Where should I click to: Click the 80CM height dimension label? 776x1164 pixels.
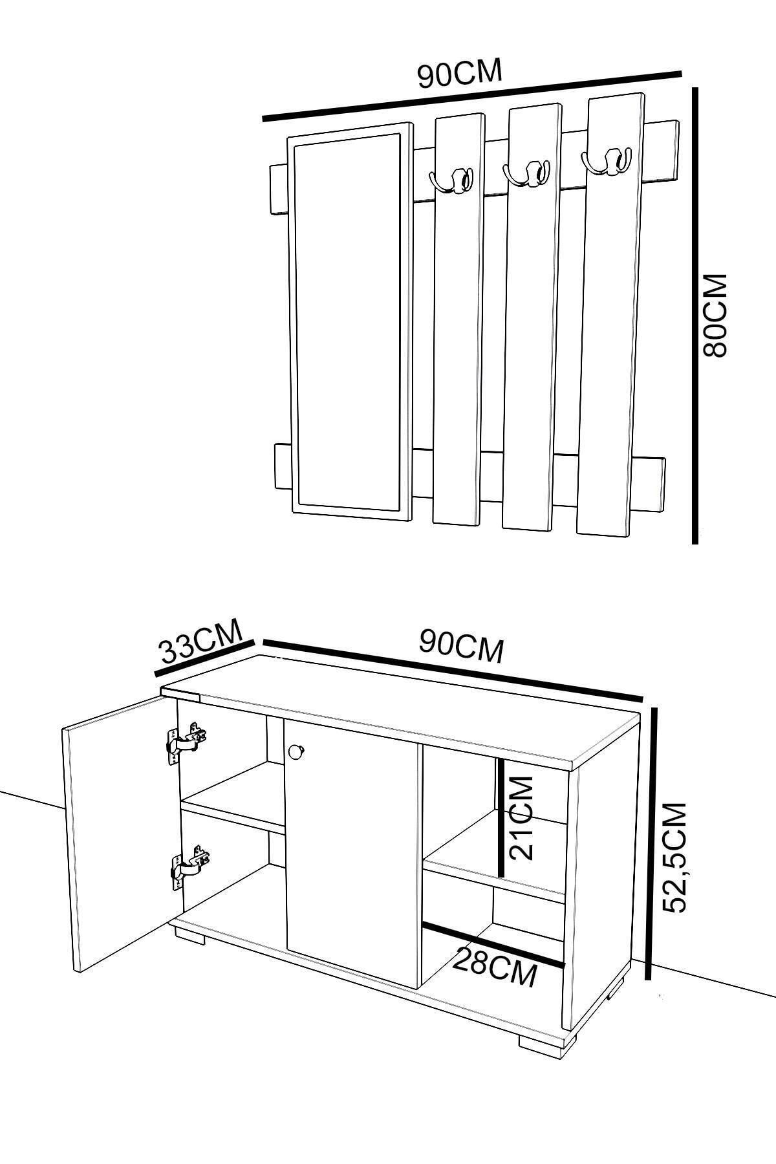pos(716,315)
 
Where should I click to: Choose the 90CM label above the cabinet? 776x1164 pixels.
pos(461,647)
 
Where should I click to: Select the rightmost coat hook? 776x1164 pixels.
pos(606,161)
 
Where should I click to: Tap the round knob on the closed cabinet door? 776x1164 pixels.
pos(297,751)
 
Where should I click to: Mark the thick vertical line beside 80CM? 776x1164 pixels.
pos(695,316)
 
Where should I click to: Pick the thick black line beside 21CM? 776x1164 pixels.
pos(501,817)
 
